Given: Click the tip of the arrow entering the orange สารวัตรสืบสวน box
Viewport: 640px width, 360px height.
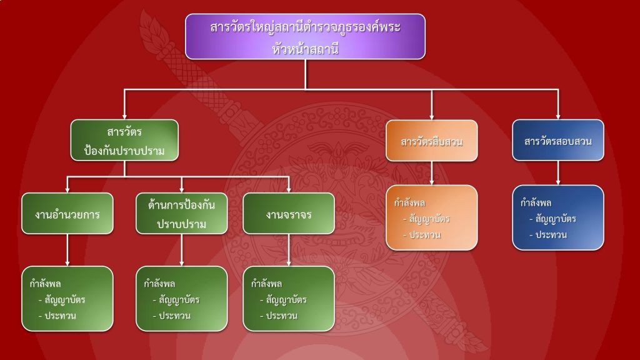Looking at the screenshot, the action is click(x=432, y=119).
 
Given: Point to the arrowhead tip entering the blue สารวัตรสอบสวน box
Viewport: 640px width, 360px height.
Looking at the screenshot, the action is click(x=558, y=119).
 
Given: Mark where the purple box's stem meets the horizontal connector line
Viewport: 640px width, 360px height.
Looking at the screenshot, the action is click(x=305, y=89).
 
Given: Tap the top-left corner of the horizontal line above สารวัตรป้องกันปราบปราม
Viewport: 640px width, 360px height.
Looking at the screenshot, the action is click(x=124, y=89).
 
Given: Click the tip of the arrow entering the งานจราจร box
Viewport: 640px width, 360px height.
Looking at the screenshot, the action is click(x=289, y=192).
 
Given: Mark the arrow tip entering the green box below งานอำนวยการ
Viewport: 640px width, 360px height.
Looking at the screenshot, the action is click(x=67, y=266).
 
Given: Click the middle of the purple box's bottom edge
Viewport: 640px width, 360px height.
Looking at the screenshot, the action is click(x=305, y=59).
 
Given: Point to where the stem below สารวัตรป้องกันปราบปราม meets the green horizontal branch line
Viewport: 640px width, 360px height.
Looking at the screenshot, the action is click(x=124, y=177).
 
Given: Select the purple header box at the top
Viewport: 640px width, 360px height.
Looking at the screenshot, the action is click(x=305, y=37).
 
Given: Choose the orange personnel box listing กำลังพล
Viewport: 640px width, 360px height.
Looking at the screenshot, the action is click(x=432, y=217).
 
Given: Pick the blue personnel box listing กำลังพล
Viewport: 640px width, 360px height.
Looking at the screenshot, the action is click(x=558, y=217).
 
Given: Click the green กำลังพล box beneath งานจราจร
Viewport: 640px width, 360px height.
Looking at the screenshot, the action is click(x=289, y=299).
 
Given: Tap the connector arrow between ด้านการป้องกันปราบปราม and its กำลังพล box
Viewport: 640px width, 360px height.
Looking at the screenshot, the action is click(x=182, y=250).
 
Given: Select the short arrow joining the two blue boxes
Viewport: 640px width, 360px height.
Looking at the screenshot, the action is click(x=558, y=173).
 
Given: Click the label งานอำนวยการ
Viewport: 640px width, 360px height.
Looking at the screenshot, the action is click(x=67, y=214).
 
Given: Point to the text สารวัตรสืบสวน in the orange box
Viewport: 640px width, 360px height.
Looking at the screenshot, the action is click(x=432, y=142).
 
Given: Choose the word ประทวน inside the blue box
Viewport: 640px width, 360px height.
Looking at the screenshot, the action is click(x=551, y=235).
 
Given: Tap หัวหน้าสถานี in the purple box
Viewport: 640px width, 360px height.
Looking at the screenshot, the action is click(x=305, y=49).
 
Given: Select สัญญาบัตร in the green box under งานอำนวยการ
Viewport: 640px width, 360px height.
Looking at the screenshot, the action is click(x=65, y=300).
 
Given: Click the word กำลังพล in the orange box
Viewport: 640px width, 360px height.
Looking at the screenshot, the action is click(x=410, y=203).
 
